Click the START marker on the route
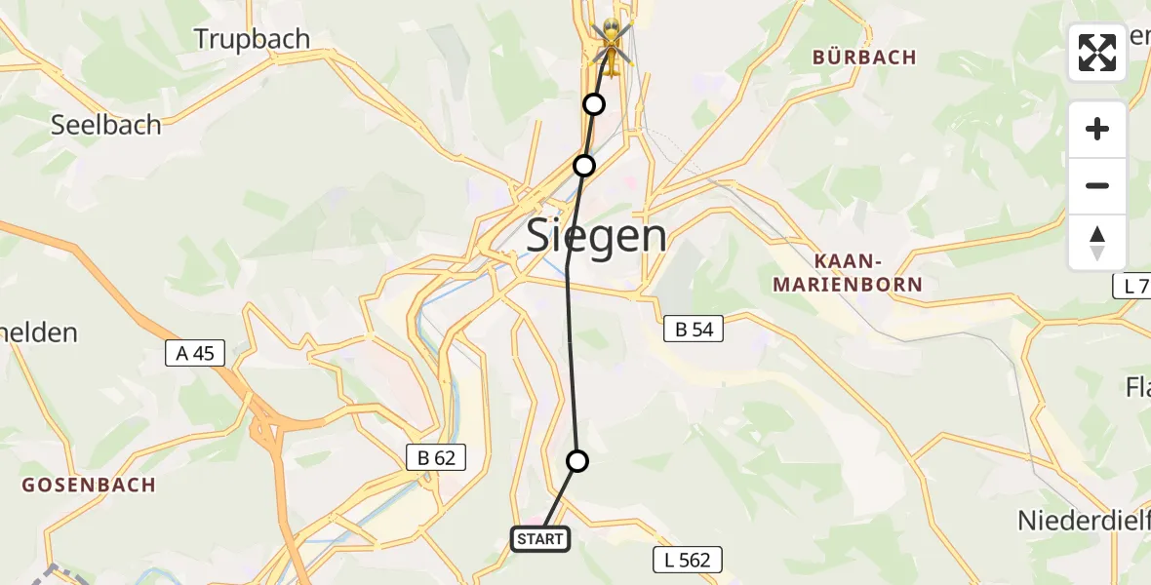[540, 538]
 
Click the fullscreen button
[1097, 53]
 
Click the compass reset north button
[1097, 243]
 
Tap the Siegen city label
[597, 236]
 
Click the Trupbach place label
[252, 39]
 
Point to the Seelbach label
[105, 125]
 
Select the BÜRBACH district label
[864, 58]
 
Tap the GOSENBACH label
[89, 485]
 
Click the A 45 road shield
[195, 353]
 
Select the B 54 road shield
[695, 330]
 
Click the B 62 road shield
[436, 456]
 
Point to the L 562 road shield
[688, 560]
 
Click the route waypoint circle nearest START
[577, 461]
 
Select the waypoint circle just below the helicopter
[593, 103]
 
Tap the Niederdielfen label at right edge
[1083, 520]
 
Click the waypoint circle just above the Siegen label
[583, 166]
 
